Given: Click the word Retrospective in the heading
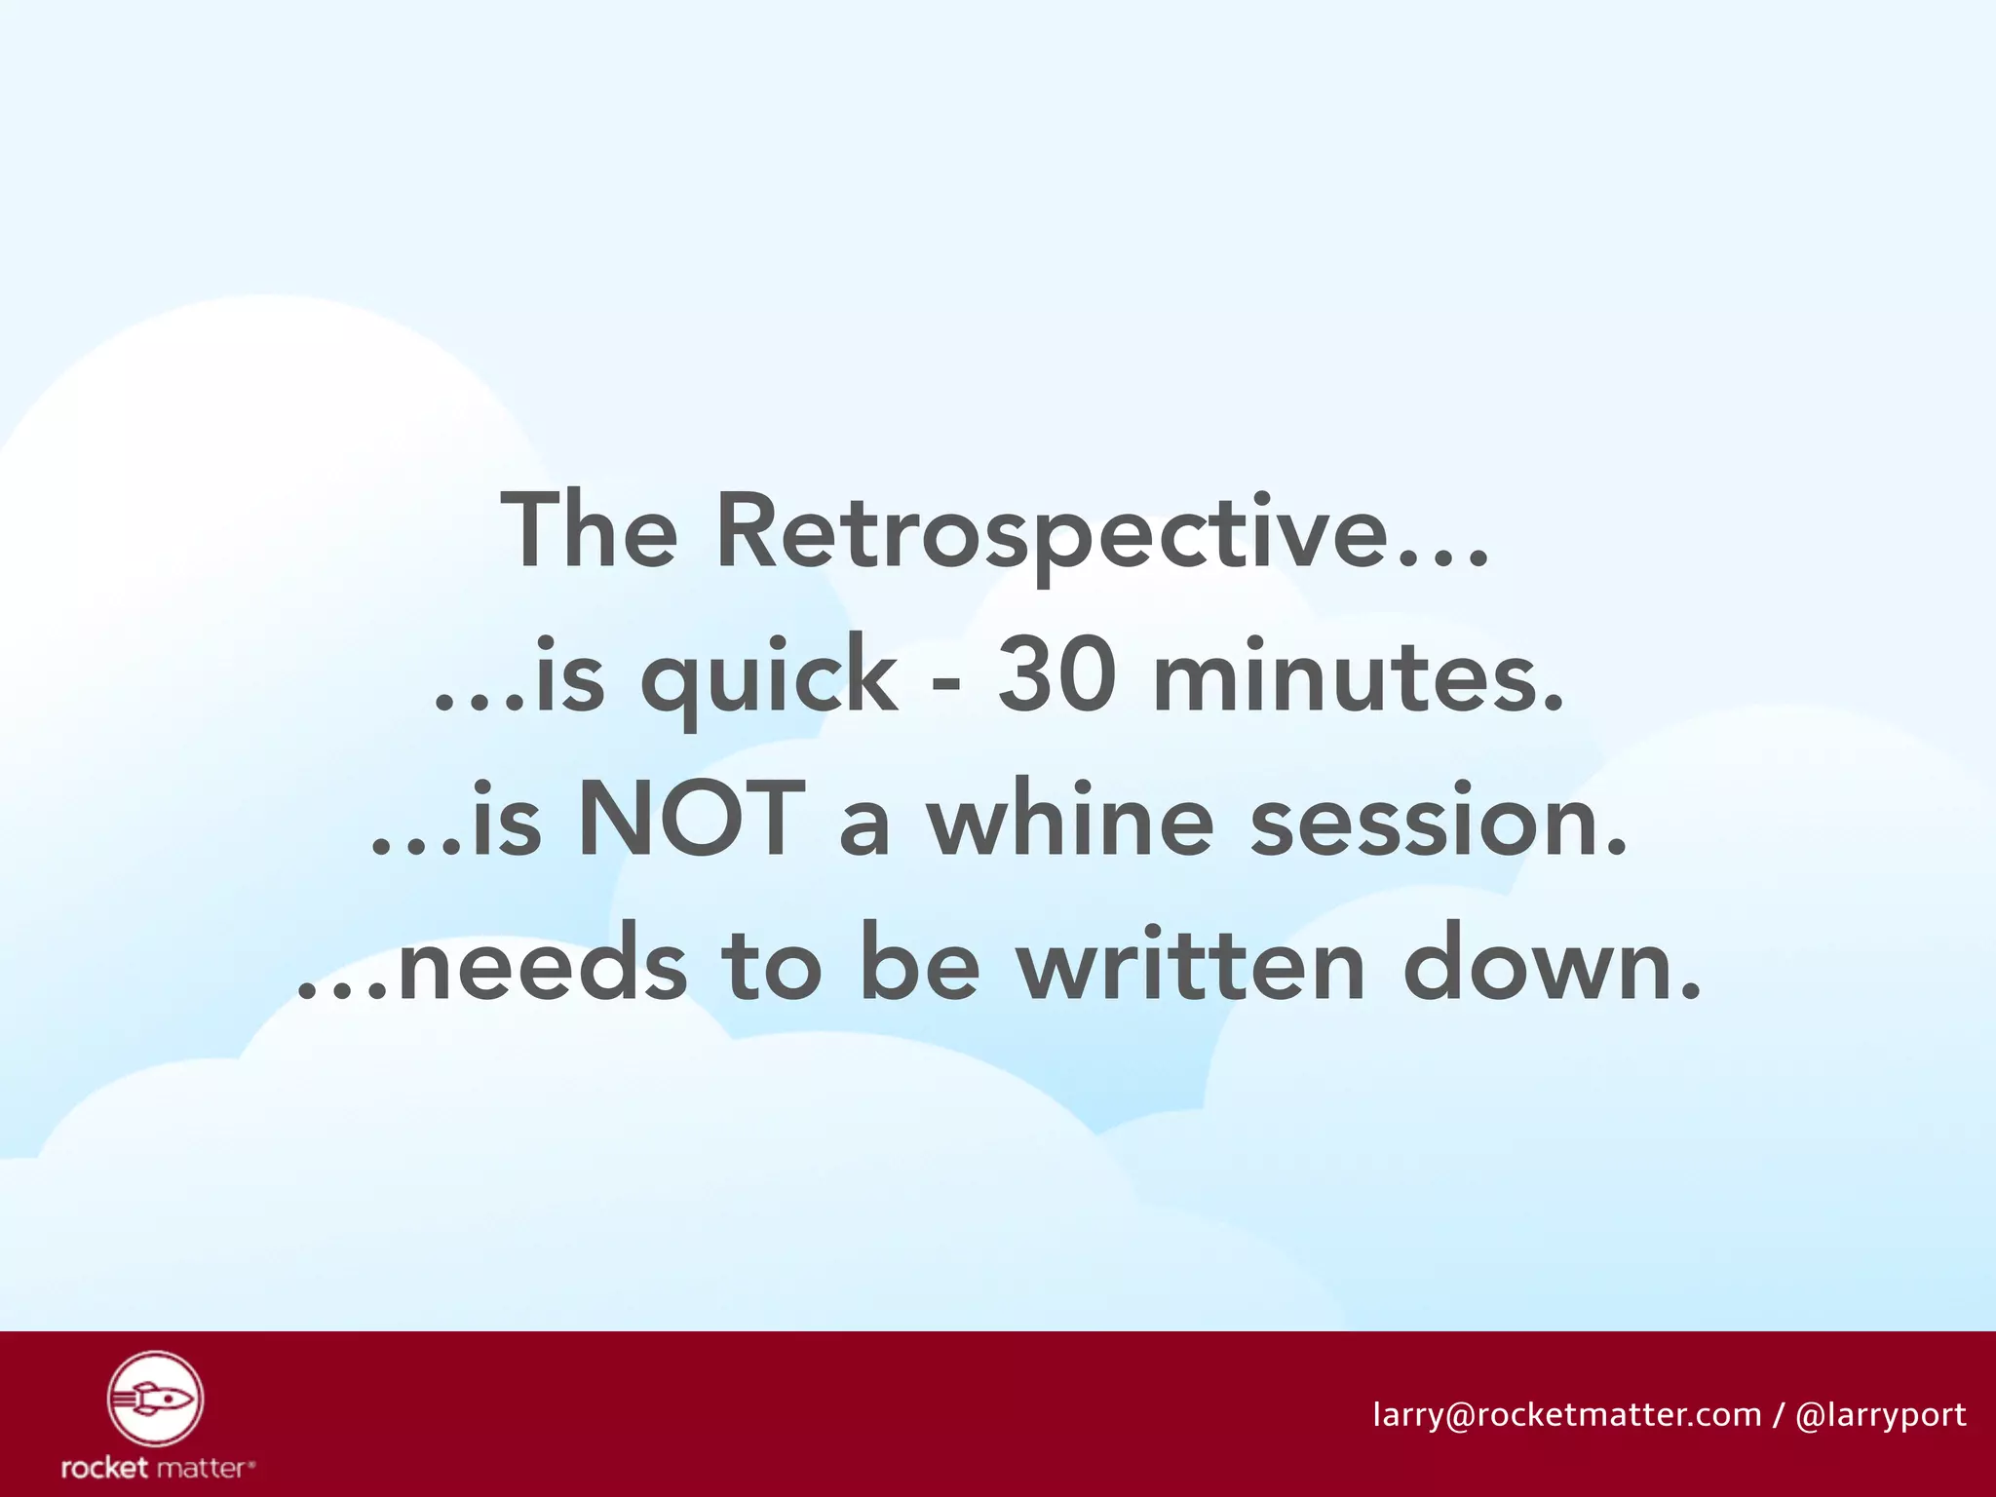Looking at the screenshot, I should coord(1053,531).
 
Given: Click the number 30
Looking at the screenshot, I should coord(1056,674).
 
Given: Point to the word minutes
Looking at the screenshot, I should coord(1357,674).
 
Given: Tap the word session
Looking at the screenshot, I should coord(1439,822).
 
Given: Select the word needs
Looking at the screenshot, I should coord(542,966).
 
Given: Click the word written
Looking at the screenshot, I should coord(1191,964).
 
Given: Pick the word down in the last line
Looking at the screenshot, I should coord(1550,964).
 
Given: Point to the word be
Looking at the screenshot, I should coord(919,964).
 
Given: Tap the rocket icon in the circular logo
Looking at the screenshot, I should coord(155,1399).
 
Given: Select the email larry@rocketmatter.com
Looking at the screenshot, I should coord(1567,1414).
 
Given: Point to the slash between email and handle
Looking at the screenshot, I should coord(1779,1415).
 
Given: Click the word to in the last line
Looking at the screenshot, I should coord(771,964).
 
